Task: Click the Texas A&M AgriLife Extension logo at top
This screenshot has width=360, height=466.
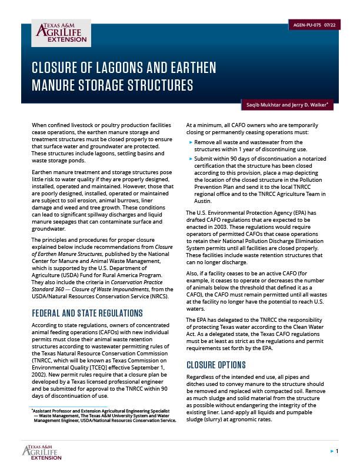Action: click(58, 35)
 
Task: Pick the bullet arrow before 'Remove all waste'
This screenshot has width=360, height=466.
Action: click(190, 143)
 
